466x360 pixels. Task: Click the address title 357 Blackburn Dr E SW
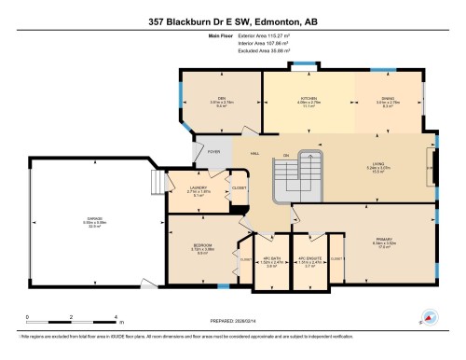coord(233,20)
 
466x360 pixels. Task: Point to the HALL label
coord(253,152)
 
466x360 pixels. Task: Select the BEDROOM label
coord(203,246)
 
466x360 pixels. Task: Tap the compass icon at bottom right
coord(429,317)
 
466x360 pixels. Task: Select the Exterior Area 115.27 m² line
coord(233,36)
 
